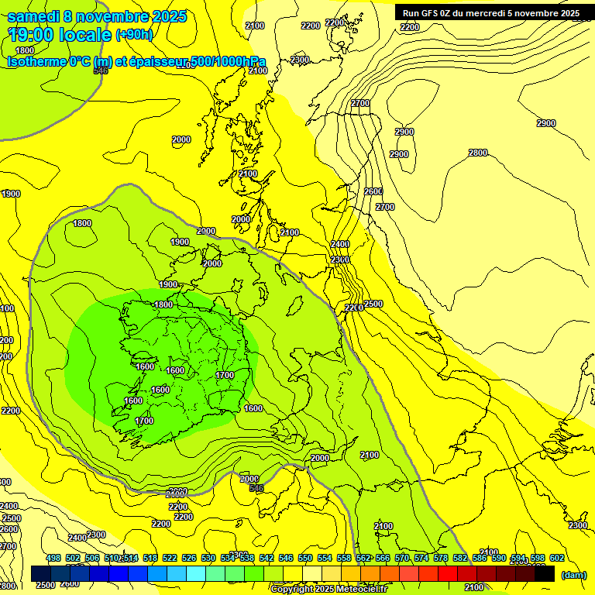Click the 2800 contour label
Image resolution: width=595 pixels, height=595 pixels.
[x=478, y=153]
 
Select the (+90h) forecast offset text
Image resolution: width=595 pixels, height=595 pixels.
[x=135, y=34]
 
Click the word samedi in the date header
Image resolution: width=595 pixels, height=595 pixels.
[x=33, y=16]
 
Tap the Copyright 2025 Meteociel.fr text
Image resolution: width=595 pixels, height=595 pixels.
[x=328, y=590]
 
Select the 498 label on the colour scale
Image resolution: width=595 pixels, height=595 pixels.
[x=53, y=558]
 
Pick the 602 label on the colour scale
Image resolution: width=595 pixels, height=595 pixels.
[x=557, y=558]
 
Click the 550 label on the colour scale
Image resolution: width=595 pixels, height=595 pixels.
[x=305, y=558]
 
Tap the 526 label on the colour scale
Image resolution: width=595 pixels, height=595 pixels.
[x=189, y=558]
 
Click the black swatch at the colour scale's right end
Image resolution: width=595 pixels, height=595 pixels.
[x=544, y=574]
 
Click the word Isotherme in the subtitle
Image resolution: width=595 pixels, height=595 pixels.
[x=36, y=61]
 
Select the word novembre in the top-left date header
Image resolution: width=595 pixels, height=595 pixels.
[x=115, y=16]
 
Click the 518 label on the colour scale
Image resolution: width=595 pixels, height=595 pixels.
[x=150, y=558]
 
